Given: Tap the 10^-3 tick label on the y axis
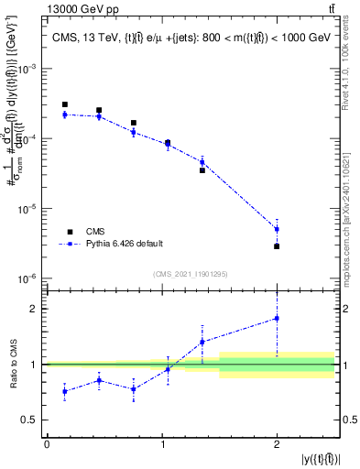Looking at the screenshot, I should coord(28,70).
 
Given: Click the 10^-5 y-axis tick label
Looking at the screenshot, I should coord(28,209).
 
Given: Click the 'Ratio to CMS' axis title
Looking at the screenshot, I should coord(12,365).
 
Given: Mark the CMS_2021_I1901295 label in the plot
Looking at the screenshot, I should coord(191,274).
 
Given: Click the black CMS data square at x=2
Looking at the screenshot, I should coord(277,246).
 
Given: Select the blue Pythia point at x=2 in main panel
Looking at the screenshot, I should coord(277,229).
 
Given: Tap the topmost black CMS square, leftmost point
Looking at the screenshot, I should coord(65,105).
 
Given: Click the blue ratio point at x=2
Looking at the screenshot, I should coord(277,319).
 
